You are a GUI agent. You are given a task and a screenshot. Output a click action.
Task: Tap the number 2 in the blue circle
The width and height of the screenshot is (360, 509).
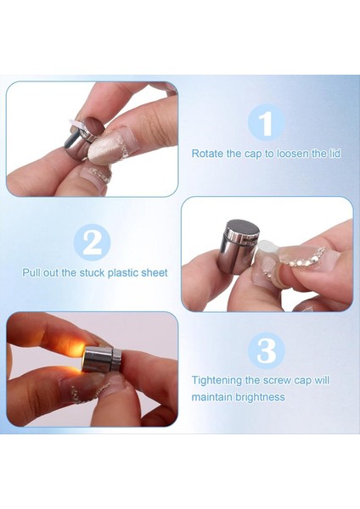coord(93,243)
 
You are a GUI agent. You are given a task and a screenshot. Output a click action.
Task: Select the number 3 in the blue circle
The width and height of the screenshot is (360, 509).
coord(267,351)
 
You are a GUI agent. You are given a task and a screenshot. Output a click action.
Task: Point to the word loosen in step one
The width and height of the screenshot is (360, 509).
coord(293,154)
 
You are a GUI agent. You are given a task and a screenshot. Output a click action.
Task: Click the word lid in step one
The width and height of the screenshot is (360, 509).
coord(335,153)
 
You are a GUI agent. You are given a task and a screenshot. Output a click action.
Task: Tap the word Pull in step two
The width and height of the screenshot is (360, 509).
coord(31,272)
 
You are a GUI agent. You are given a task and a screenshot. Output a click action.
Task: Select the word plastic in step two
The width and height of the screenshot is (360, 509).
coord(123,272)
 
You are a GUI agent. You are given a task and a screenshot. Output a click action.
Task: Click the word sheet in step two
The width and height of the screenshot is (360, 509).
coord(155,272)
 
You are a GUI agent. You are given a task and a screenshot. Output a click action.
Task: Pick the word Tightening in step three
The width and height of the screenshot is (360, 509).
coord(217,380)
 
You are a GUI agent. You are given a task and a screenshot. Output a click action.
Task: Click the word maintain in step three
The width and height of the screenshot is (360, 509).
coord(212,397)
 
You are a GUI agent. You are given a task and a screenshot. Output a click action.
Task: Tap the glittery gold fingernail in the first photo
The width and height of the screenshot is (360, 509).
coord(105,147)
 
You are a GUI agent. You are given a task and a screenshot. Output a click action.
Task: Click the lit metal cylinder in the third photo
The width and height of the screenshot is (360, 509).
coord(102,360)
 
